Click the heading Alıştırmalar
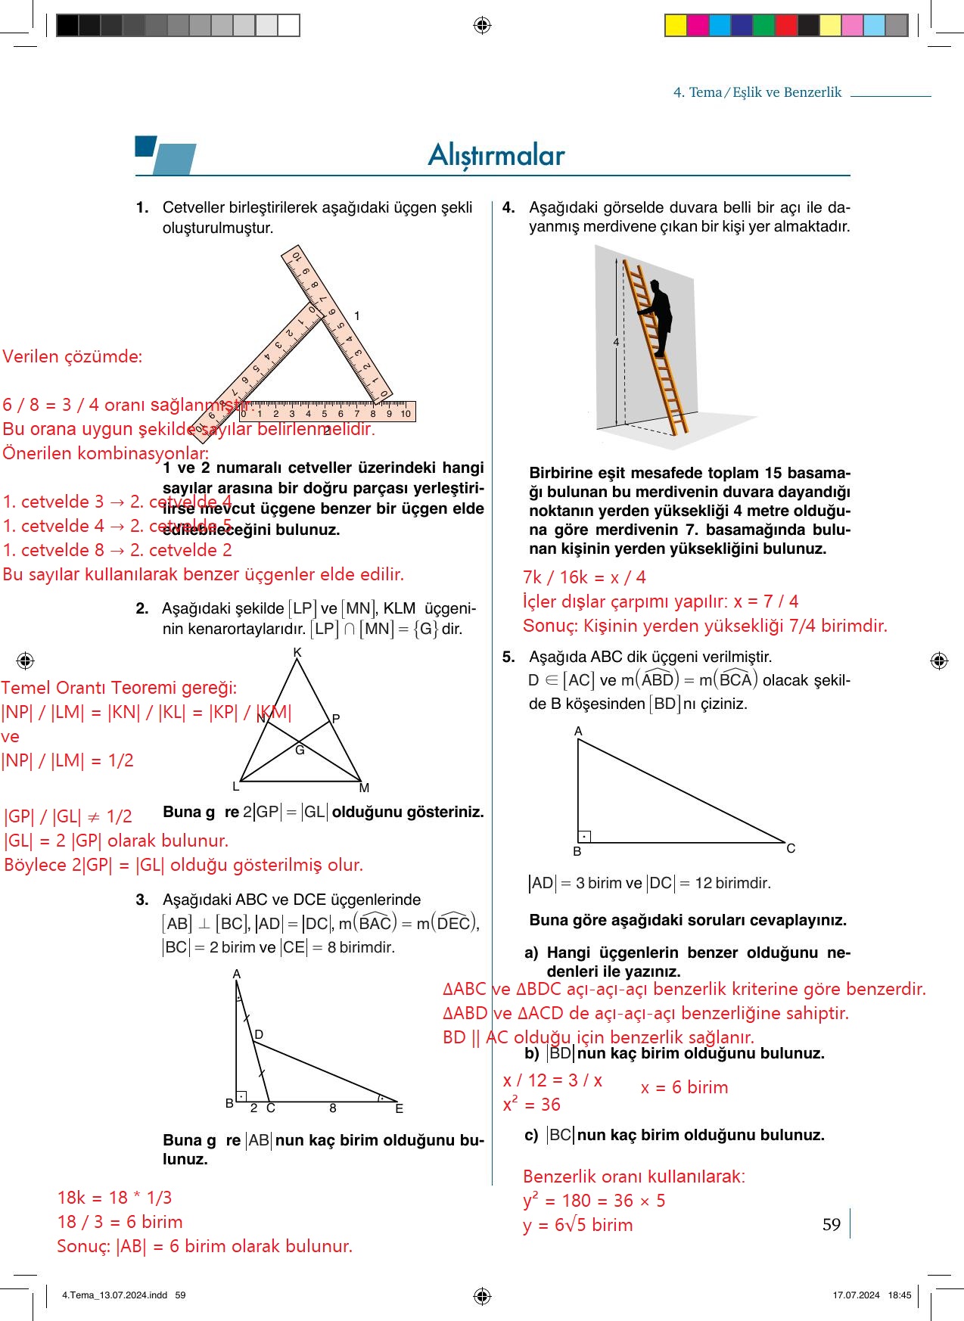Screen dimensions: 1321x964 click(x=496, y=155)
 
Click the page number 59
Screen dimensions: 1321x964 click(x=831, y=1224)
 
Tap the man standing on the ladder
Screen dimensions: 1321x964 click(x=657, y=322)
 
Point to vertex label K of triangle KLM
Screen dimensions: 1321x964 click(x=297, y=652)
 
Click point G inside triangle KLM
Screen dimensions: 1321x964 click(x=300, y=750)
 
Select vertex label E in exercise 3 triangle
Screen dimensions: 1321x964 click(x=399, y=1108)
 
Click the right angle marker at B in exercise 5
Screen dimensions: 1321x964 click(x=584, y=837)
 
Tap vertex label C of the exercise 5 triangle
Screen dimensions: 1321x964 click(x=791, y=848)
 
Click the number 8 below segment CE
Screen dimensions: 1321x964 click(x=332, y=1108)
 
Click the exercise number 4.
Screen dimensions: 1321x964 click(x=508, y=207)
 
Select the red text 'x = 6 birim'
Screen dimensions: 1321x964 click(x=684, y=1087)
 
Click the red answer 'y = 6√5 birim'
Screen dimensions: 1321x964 click(x=577, y=1225)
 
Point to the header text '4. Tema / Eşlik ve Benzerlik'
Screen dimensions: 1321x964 click(x=757, y=92)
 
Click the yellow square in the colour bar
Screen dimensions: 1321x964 click(x=675, y=26)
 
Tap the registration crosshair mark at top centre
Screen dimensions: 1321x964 click(x=482, y=26)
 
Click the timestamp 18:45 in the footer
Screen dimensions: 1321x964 click(x=900, y=1295)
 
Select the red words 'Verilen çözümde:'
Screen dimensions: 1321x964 click(x=72, y=356)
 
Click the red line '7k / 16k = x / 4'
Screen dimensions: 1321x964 click(x=584, y=577)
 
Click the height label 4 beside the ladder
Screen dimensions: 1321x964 click(x=616, y=342)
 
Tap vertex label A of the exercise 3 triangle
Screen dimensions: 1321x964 click(x=236, y=974)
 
